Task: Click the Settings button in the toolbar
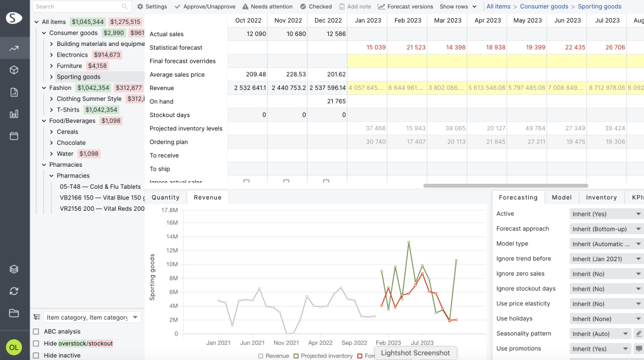(152, 6)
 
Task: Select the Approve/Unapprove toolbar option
(204, 6)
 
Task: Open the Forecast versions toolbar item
(406, 6)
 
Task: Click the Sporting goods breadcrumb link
(599, 6)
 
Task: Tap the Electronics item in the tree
(72, 55)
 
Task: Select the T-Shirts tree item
(68, 110)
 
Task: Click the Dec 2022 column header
(328, 20)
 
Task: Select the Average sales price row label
(177, 74)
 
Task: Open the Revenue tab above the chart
(208, 198)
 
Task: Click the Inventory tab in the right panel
(601, 198)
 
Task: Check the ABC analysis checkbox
(36, 332)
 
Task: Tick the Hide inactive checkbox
(36, 356)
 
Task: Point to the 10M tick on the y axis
(170, 264)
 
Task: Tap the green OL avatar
(13, 347)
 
